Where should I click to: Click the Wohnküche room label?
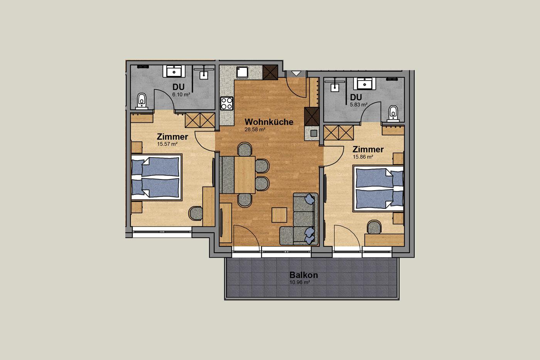(269, 122)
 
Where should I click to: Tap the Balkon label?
(304, 275)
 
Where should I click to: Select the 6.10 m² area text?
(181, 95)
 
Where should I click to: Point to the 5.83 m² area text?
(358, 105)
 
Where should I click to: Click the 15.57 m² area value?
(167, 144)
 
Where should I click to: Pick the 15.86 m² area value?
(363, 157)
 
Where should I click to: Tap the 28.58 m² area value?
(255, 130)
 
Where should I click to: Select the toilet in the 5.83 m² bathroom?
(393, 113)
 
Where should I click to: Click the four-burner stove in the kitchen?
(227, 103)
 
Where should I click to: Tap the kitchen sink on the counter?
(242, 72)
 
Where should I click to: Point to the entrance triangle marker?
(296, 73)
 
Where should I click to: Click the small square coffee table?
(279, 215)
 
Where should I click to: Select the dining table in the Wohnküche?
(245, 175)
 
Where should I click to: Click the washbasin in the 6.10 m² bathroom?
(174, 71)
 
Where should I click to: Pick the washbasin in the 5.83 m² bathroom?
(364, 84)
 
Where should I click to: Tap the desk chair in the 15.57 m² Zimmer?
(196, 213)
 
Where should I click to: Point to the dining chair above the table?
(245, 149)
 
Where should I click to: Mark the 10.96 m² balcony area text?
(300, 282)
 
